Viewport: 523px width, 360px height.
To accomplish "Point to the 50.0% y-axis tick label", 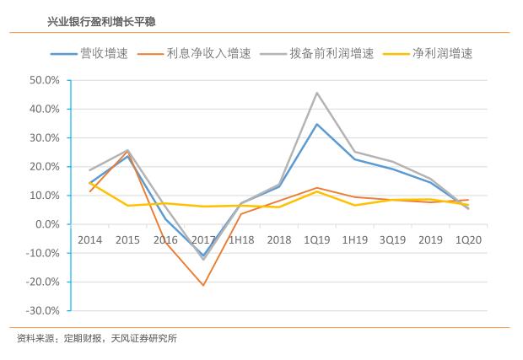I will pyautogui.click(x=44, y=81).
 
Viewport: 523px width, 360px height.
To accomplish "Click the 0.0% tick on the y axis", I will pyautogui.click(x=46, y=224).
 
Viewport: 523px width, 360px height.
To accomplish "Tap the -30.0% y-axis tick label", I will pyautogui.click(x=42, y=310).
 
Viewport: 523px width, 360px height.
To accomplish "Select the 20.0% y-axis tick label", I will pyautogui.click(x=44, y=167).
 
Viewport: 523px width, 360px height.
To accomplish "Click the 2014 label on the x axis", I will pyautogui.click(x=90, y=240).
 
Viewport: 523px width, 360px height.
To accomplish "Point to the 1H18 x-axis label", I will pyautogui.click(x=241, y=240).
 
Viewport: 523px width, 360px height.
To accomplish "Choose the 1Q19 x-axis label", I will pyautogui.click(x=316, y=240).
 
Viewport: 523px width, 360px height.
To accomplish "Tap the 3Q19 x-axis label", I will pyautogui.click(x=392, y=240).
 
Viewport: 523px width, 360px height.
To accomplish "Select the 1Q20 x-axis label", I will pyautogui.click(x=467, y=240).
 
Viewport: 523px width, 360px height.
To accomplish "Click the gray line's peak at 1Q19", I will pyautogui.click(x=316, y=93).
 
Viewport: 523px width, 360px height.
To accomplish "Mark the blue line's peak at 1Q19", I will pyautogui.click(x=316, y=124).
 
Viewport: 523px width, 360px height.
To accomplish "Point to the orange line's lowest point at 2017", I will pyautogui.click(x=203, y=285).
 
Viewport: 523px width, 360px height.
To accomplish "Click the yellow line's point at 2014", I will pyautogui.click(x=90, y=182).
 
